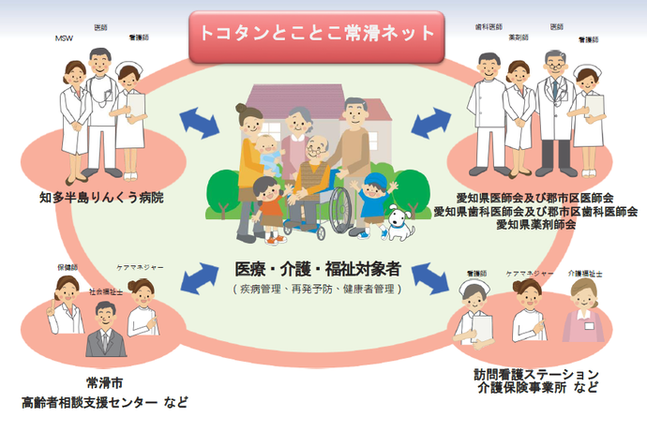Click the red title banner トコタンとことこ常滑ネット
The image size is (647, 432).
[x=316, y=34]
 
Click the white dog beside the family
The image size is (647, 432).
[x=398, y=222]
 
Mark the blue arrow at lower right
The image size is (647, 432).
[x=430, y=276]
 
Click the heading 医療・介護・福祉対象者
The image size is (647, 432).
[x=317, y=269]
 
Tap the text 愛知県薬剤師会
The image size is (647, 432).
[x=535, y=225]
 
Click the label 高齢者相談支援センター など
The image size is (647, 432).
[x=105, y=403]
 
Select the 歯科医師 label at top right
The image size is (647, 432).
[x=489, y=27]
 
